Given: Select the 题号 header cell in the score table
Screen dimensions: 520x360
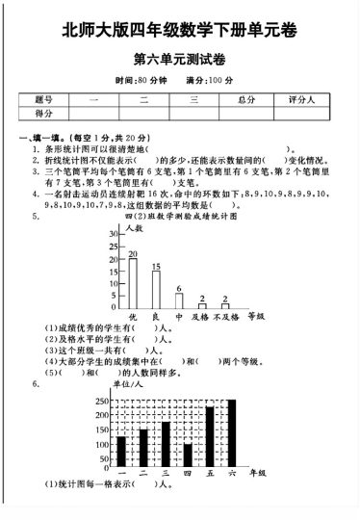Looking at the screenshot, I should point(43,99).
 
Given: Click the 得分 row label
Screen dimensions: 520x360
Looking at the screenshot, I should point(43,114).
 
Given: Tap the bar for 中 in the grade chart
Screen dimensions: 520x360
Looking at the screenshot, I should point(178,300).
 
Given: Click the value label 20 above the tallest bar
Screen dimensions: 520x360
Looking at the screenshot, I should point(133,254).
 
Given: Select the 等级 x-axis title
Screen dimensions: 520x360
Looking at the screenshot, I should point(256,316).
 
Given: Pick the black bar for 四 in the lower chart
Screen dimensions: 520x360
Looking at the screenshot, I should point(187,454).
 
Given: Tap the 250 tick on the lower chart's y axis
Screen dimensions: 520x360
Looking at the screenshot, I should point(102,401).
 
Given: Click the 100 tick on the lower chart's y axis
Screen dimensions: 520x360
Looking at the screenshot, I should point(102,445).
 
